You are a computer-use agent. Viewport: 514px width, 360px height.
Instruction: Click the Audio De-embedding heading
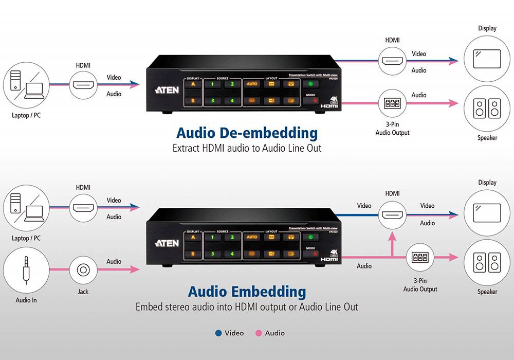point(247,133)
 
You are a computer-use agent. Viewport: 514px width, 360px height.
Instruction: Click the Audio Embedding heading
point(247,292)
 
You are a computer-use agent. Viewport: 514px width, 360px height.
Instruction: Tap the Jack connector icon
point(83,269)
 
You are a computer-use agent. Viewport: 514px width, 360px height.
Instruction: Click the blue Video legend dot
point(219,333)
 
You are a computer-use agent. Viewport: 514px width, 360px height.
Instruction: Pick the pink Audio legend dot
point(259,333)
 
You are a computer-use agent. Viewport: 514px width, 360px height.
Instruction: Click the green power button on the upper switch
point(310,84)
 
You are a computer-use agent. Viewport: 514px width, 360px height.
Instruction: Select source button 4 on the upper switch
point(232,101)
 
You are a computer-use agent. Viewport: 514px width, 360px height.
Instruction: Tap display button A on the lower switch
point(193,237)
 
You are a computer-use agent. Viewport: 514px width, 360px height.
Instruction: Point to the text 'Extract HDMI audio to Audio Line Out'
point(247,149)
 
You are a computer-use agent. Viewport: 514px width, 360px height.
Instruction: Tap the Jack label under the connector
point(83,292)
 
